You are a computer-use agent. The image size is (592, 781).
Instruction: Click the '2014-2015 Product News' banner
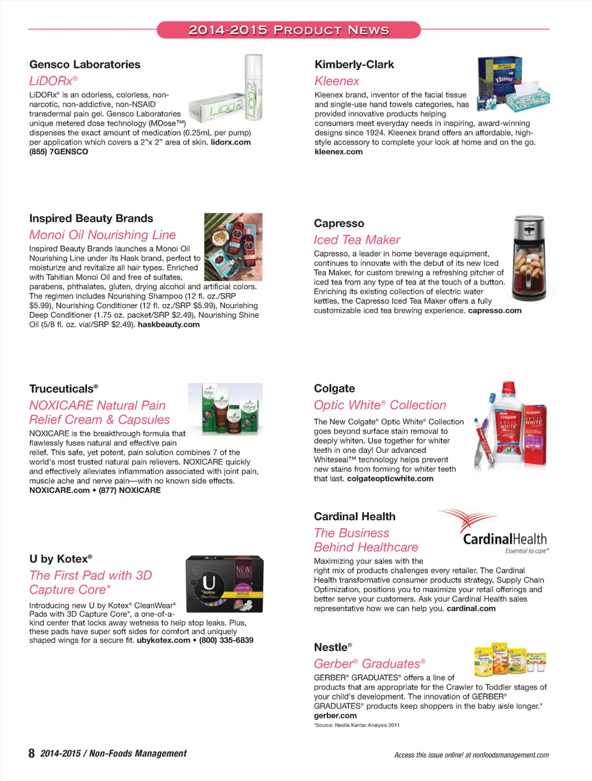(x=289, y=30)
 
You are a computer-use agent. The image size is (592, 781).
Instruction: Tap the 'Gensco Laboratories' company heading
(x=84, y=64)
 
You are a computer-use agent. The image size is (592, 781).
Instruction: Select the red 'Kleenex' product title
(x=337, y=81)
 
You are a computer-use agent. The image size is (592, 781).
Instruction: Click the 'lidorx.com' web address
(x=231, y=142)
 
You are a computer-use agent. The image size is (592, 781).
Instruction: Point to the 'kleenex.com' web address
(x=339, y=152)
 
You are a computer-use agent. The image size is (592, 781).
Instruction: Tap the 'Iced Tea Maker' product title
(x=357, y=240)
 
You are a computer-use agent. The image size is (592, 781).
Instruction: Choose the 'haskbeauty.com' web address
(x=168, y=324)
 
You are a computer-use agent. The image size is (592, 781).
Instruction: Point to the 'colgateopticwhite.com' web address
(x=390, y=479)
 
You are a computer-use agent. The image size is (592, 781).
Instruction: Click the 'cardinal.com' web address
(x=471, y=608)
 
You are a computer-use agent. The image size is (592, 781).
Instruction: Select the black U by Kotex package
(x=224, y=583)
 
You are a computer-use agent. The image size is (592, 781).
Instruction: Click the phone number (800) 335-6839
(x=226, y=640)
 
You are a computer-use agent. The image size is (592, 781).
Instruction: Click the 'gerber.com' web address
(x=335, y=716)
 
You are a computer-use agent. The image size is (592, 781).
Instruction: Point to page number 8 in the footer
(x=31, y=753)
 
